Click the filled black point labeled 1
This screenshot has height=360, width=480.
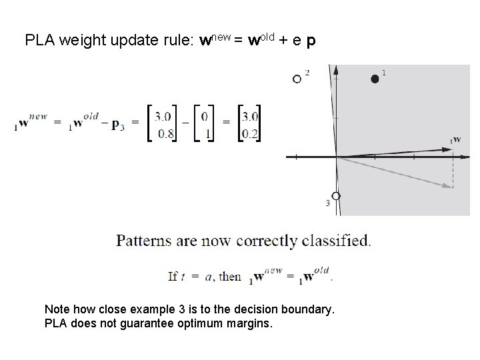coord(375,79)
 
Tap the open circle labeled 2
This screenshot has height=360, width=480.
coord(297,79)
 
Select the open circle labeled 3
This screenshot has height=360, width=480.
coord(336,196)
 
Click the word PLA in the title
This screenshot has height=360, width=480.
coord(39,41)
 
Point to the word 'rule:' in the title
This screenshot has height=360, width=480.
coord(178,41)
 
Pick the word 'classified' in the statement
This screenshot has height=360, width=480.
coord(337,240)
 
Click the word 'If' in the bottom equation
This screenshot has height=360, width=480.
coord(173,276)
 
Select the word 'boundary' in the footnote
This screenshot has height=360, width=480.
coord(308,310)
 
